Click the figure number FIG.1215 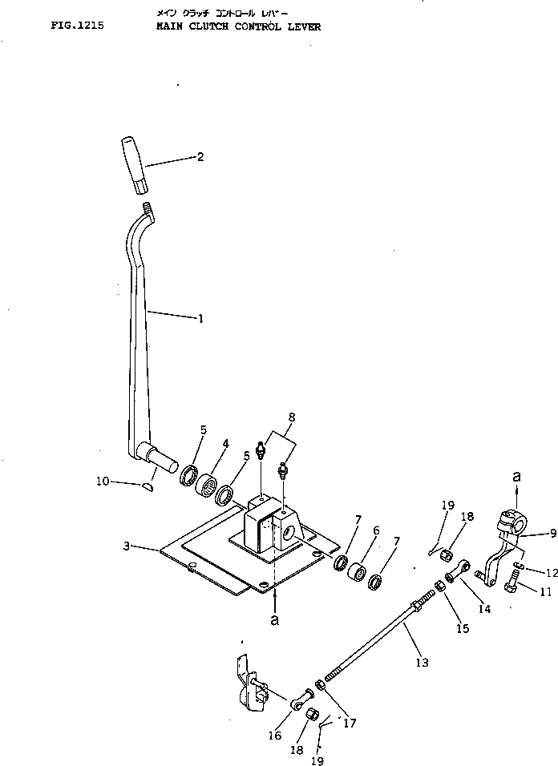pyautogui.click(x=77, y=26)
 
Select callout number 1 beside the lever pyautogui.click(x=200, y=319)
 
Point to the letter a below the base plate pyautogui.click(x=275, y=619)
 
